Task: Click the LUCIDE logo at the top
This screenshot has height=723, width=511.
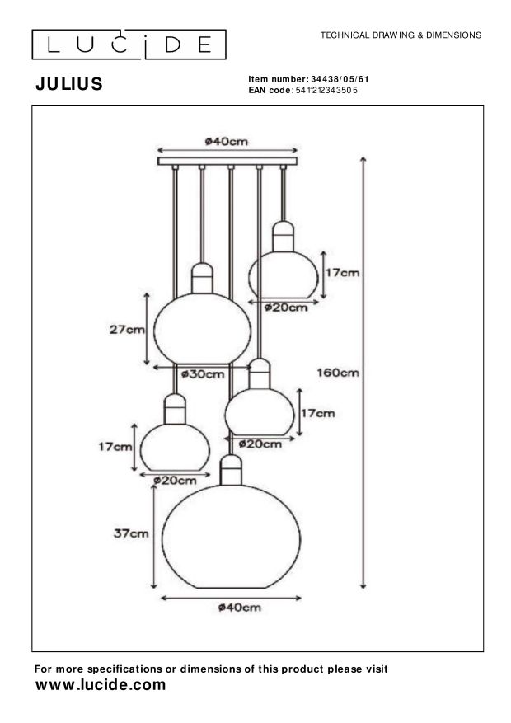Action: tap(129, 44)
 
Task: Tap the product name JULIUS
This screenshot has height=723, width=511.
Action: tap(69, 84)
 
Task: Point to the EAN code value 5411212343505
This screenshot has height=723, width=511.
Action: tap(326, 89)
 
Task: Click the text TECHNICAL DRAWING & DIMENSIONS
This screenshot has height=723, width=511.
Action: tap(401, 35)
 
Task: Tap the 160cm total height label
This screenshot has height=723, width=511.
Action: tap(338, 372)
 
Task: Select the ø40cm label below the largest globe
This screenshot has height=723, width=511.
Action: tap(240, 608)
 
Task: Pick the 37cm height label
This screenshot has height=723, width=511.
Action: tap(131, 533)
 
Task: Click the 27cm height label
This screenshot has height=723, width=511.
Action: tap(127, 330)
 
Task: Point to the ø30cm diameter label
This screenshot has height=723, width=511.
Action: tap(203, 374)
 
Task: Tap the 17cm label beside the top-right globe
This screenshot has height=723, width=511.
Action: tap(342, 272)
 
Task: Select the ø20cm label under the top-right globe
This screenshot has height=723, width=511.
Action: tap(286, 308)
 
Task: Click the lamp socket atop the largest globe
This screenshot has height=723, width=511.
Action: tap(232, 471)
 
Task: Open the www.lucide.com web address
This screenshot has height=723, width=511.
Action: tap(101, 685)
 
